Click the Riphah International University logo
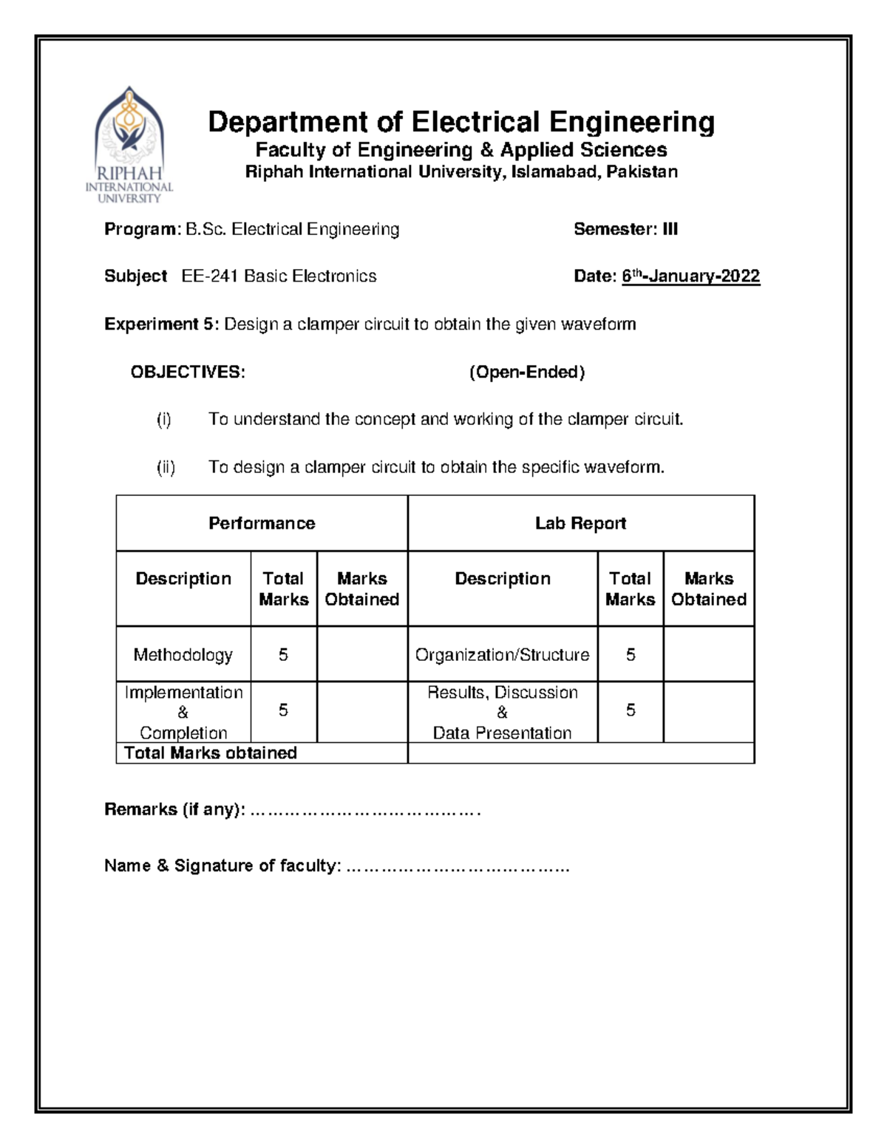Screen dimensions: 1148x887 (129, 145)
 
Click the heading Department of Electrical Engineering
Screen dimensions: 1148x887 (461, 122)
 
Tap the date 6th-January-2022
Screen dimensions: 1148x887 (690, 276)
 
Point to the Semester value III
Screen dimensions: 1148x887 (670, 229)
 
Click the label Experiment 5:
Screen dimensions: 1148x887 (161, 324)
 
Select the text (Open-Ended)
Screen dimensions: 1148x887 (526, 372)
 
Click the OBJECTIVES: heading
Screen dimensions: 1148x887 (188, 372)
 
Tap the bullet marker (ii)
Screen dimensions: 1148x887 (166, 467)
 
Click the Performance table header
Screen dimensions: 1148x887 (262, 523)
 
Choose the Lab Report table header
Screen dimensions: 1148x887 (580, 523)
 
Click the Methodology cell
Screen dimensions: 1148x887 (183, 655)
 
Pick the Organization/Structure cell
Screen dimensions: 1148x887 (502, 655)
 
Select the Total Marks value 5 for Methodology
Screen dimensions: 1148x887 (283, 655)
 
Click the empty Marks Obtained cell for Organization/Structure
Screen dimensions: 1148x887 (708, 655)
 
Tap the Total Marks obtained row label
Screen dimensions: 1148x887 (211, 753)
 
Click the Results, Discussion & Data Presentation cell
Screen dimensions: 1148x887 (502, 713)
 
